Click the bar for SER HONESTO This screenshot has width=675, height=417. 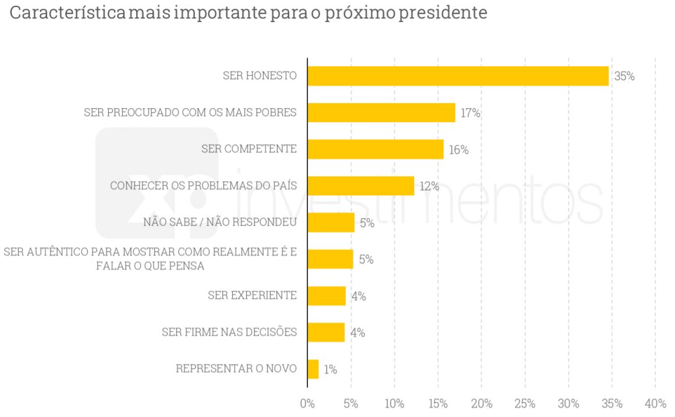tap(458, 76)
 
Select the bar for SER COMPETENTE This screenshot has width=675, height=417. tap(375, 149)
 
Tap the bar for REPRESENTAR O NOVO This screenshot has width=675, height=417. tap(313, 369)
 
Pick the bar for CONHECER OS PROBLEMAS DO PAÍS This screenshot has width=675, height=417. tap(361, 186)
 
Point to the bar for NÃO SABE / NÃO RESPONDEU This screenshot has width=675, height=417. tap(331, 222)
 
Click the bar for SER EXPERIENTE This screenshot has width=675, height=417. tap(326, 295)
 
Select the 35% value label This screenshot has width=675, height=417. tap(624, 76)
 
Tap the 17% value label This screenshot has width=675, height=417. tap(470, 113)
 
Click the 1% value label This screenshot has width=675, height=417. tap(330, 369)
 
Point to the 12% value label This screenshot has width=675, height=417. tap(429, 186)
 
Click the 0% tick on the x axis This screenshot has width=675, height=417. tap(307, 404)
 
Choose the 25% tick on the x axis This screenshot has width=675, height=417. tap(525, 404)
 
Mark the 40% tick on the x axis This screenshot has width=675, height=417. tap(655, 404)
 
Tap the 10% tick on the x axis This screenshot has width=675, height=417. tap(394, 404)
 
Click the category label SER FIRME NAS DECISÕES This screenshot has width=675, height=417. tap(229, 332)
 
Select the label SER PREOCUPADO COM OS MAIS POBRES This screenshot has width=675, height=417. tap(190, 112)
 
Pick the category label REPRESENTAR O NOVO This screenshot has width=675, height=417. tap(236, 369)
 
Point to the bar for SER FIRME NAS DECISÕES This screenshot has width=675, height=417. tap(326, 332)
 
